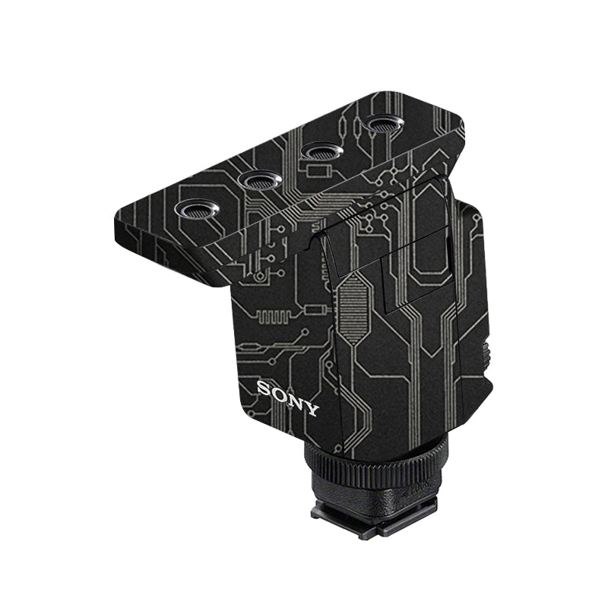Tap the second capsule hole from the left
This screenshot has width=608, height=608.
(x=259, y=180)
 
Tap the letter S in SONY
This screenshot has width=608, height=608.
(x=264, y=388)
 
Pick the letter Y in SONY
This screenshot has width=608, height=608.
(x=312, y=409)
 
